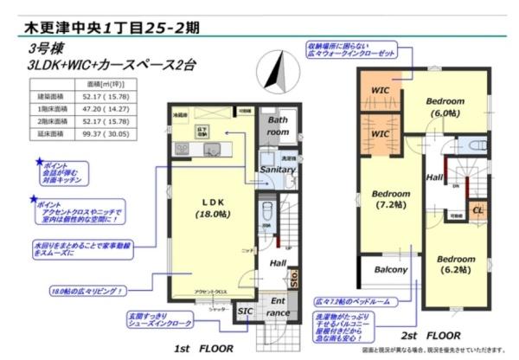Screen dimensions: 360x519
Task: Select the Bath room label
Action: [277, 126]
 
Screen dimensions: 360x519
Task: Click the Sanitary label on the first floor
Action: [278, 170]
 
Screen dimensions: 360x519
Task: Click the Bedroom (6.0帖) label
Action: [445, 106]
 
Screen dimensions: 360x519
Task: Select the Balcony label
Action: [390, 270]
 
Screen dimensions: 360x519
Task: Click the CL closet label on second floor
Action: [477, 209]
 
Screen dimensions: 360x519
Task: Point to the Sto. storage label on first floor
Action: [294, 280]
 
